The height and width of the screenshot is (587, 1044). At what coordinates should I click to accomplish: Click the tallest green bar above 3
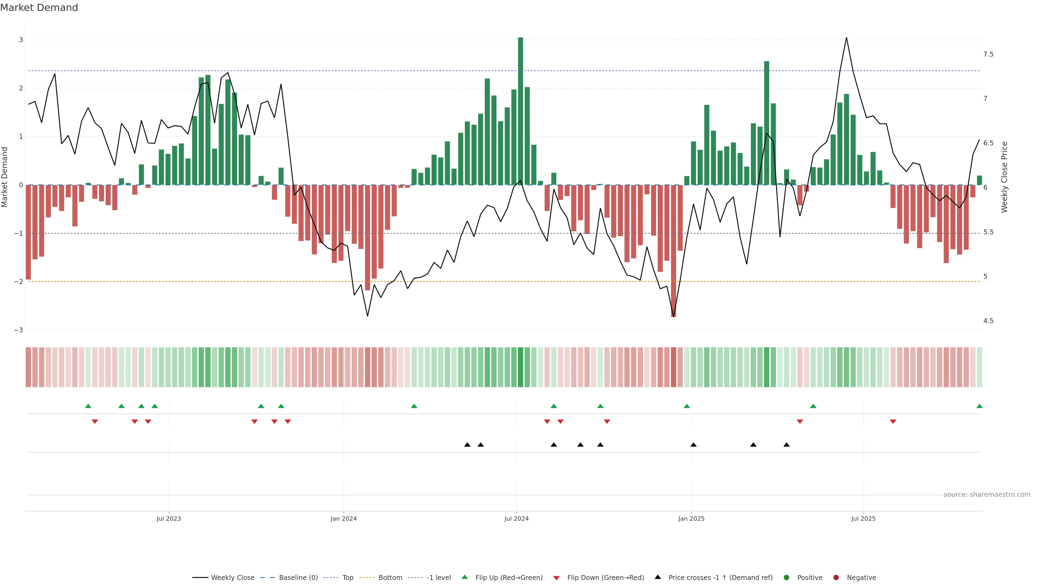point(520,109)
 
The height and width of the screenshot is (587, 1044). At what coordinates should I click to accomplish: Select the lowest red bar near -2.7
point(674,251)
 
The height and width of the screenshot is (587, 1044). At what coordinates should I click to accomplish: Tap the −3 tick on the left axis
point(19,330)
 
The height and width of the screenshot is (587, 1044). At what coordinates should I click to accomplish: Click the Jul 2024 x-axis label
point(516,519)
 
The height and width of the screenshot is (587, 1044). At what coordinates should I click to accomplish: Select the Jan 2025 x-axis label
point(691,519)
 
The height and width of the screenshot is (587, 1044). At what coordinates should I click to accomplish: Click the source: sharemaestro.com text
point(987,495)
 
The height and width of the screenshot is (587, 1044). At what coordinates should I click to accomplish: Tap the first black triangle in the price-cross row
point(467,445)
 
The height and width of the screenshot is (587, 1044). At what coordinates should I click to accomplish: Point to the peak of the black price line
point(846,38)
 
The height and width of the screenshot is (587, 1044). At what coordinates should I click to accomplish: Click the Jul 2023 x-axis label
point(169,519)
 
